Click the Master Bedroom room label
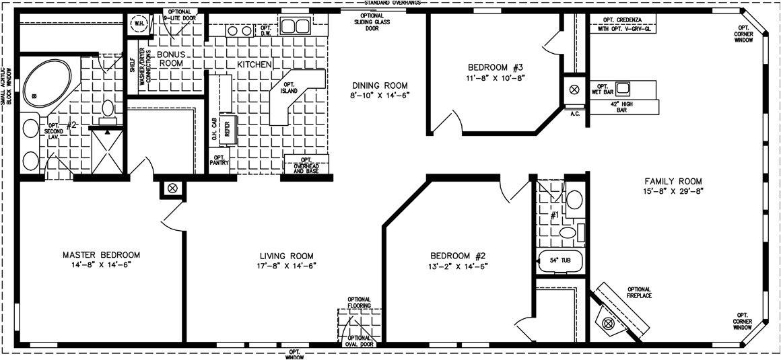tap(101, 255)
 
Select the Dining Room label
tap(380, 85)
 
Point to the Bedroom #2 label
tap(458, 255)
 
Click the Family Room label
tap(673, 181)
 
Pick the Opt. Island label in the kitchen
tap(289, 86)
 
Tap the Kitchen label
tap(254, 64)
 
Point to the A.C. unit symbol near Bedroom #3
tap(575, 89)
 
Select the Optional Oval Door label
tap(360, 341)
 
